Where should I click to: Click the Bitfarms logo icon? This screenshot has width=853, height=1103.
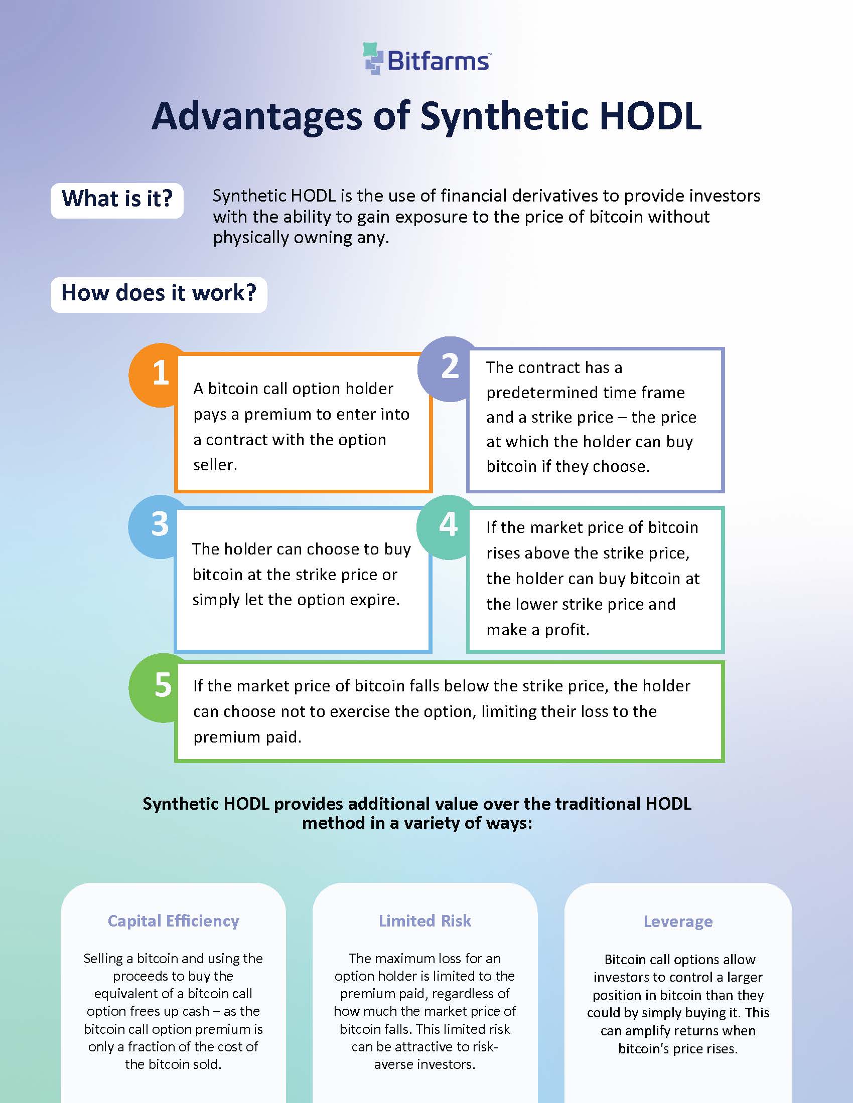pos(373,59)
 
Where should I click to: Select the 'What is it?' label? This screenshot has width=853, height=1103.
pos(117,199)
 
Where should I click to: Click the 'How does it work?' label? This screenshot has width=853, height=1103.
pos(159,294)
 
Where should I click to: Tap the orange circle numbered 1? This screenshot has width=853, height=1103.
pos(157,374)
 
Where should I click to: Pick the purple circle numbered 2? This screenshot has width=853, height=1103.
pos(448,367)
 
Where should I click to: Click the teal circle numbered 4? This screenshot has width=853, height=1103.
pos(446,526)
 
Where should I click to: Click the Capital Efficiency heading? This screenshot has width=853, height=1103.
pos(173,921)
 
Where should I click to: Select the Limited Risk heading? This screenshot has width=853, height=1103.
pos(424,921)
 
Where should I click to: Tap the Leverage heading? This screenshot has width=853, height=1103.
pos(678,922)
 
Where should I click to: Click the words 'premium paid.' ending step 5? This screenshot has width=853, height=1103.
pos(247,738)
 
